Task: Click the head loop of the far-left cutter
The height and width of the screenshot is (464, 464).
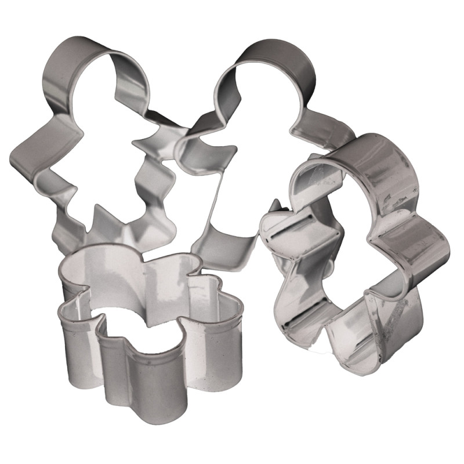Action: [x=75, y=58]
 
